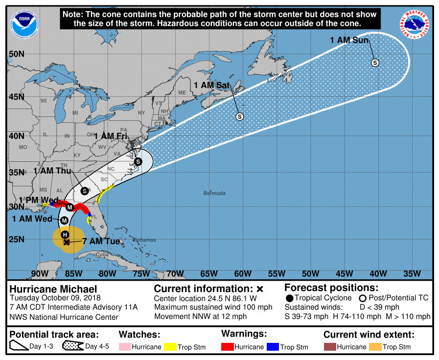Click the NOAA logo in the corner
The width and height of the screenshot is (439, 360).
[x=22, y=22]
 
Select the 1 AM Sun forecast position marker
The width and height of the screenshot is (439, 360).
[x=375, y=63]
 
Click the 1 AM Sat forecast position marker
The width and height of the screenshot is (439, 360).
[x=239, y=116]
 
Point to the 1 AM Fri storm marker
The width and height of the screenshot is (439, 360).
[x=138, y=161]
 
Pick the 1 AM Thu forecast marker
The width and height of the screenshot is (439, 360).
[x=84, y=191]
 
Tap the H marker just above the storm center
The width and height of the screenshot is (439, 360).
[x=65, y=235]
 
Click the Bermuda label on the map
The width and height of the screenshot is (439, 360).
[x=214, y=193]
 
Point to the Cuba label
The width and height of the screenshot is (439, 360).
[x=102, y=255]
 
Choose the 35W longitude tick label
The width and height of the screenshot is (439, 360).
[x=412, y=273]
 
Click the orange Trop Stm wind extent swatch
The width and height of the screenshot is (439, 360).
[x=374, y=347]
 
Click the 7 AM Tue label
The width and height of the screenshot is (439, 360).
[x=100, y=241]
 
